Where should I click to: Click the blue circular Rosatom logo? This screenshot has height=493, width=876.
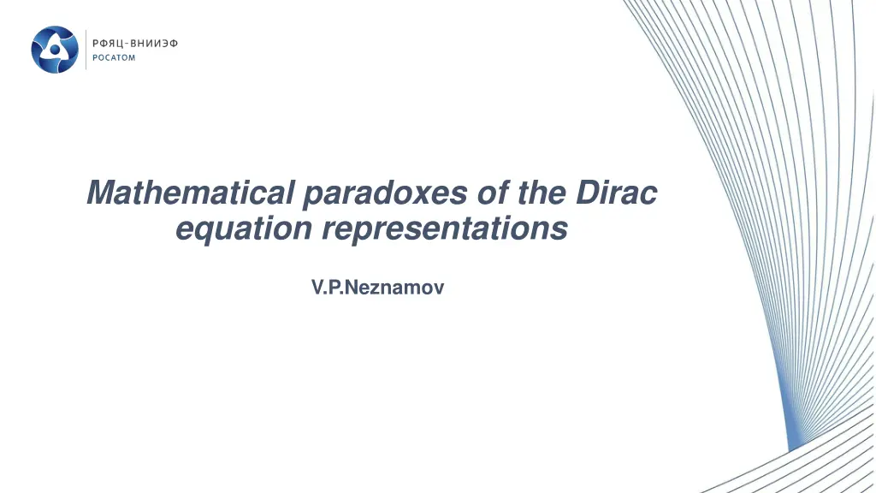click(55, 50)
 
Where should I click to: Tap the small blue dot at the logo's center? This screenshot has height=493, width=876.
click(55, 50)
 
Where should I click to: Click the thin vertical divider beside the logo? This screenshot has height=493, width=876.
click(86, 50)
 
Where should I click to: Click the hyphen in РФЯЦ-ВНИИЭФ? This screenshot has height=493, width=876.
click(126, 43)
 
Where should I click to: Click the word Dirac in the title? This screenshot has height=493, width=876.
click(616, 193)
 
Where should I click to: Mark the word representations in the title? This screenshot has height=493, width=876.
click(445, 229)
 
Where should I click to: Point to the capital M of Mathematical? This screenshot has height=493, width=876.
click(101, 193)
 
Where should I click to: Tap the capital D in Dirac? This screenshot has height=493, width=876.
click(586, 193)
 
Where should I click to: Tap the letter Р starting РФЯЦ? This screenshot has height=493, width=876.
click(96, 43)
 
